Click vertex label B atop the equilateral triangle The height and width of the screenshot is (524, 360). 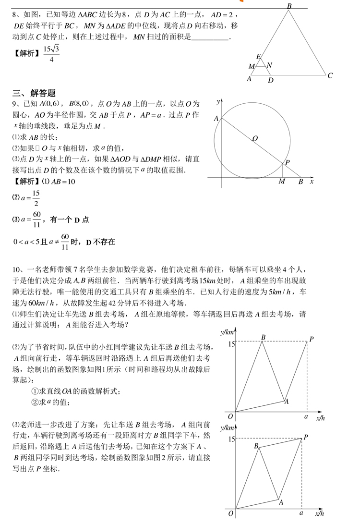(289, 6)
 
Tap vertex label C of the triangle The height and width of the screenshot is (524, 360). (330, 75)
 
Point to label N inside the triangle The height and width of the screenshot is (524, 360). (269, 65)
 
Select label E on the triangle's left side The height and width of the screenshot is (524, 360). (258, 57)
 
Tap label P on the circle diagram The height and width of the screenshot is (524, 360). (287, 163)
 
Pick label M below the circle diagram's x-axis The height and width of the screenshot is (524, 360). (282, 182)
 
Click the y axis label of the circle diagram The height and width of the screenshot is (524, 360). (218, 102)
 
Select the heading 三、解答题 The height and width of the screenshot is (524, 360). (34, 93)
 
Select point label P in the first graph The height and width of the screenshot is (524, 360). (311, 340)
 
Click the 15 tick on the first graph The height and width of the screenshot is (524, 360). (231, 344)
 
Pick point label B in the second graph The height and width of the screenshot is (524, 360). (256, 446)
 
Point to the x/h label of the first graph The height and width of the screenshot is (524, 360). (321, 418)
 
